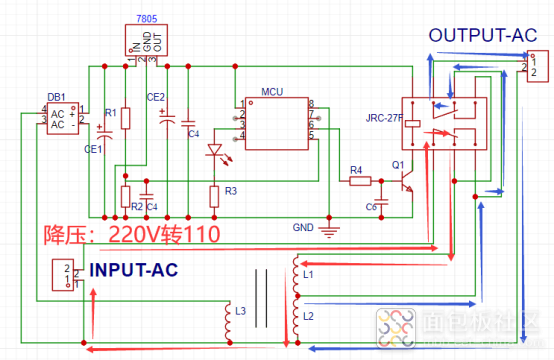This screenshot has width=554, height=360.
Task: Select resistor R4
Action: [x=359, y=181]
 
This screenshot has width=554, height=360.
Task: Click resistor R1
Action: [x=125, y=119]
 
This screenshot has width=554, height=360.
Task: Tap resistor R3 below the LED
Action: [x=213, y=194]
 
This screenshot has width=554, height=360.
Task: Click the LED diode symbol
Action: [x=214, y=153]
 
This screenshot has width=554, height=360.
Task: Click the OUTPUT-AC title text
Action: [x=483, y=35]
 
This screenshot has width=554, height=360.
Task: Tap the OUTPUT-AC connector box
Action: [x=538, y=69]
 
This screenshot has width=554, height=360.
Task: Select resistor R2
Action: [x=125, y=194]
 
